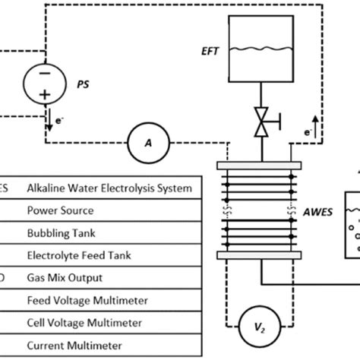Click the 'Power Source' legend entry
point(60,211)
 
